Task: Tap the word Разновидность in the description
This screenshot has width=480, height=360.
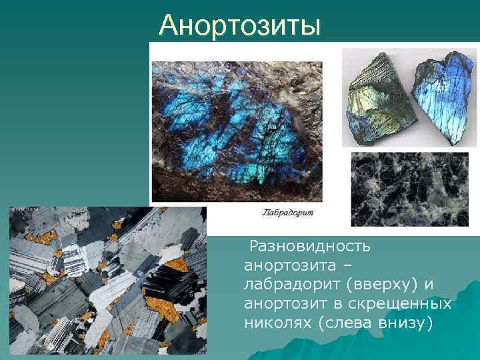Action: tap(309, 247)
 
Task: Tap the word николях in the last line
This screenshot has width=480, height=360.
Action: tap(278, 323)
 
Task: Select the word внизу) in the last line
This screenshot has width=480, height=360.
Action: tap(409, 323)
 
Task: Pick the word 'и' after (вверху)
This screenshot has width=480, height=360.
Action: tap(429, 285)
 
